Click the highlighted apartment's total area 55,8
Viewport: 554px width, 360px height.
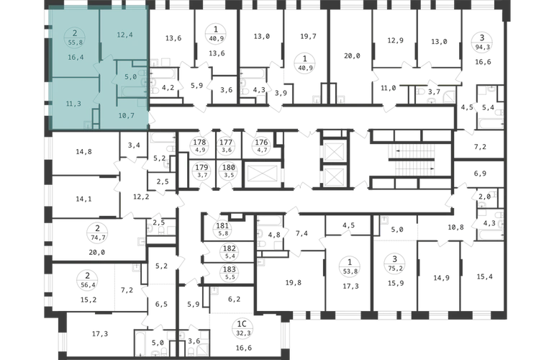(75, 42)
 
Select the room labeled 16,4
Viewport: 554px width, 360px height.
(76, 57)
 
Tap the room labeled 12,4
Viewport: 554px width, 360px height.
(124, 35)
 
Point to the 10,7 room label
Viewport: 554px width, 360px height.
(126, 115)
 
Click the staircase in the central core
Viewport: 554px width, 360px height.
(412, 160)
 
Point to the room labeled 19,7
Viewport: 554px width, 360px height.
(308, 36)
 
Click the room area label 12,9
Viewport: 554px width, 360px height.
(395, 40)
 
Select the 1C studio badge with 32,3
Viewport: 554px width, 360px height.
(243, 328)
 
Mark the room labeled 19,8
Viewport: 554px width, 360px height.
(294, 282)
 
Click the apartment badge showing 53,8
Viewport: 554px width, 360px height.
(350, 271)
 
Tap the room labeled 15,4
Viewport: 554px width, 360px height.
(484, 276)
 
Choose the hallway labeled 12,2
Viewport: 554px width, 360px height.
(141, 197)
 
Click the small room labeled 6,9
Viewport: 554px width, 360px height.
(480, 174)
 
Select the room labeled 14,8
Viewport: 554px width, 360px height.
(83, 152)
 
